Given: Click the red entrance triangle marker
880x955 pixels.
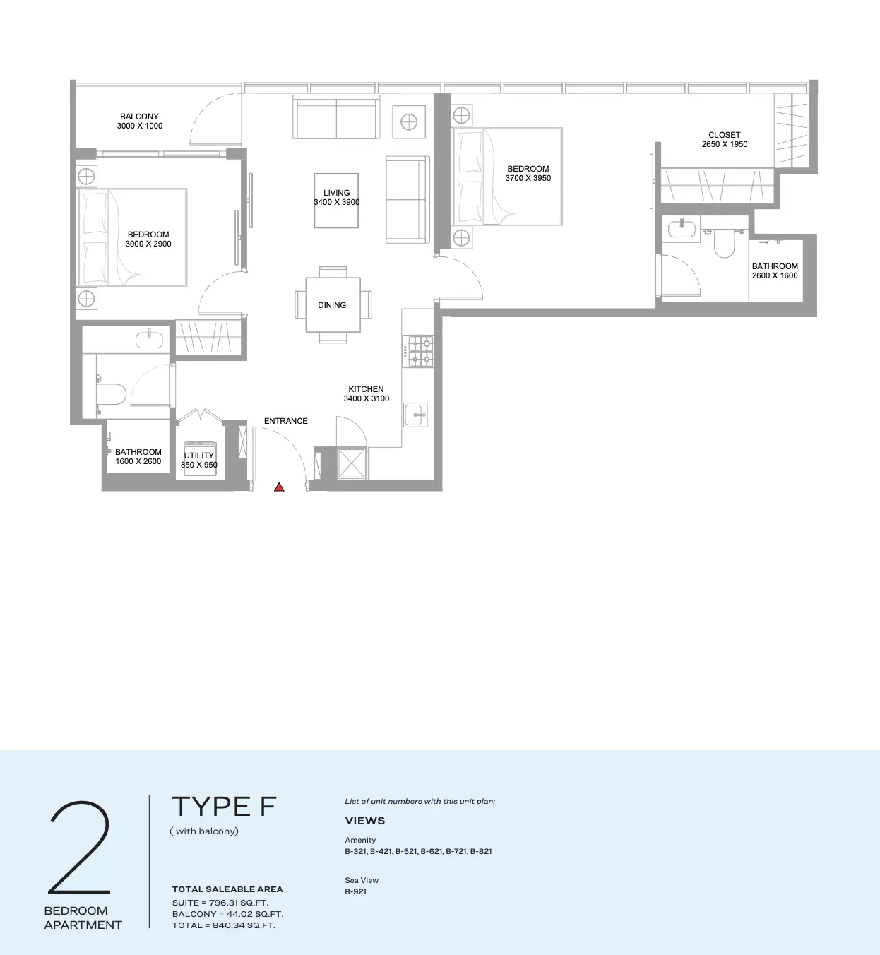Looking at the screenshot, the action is [279, 487].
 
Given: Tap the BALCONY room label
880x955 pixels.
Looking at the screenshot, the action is [140, 116].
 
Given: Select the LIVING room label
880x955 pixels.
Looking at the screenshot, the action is [337, 193].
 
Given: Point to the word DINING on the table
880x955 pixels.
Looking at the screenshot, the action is [332, 305].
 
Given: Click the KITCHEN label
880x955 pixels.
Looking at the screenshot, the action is [366, 389].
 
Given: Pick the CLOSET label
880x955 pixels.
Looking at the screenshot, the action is [725, 135].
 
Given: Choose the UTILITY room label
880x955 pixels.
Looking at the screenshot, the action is [199, 456].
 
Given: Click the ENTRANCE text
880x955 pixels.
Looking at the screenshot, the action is [286, 421].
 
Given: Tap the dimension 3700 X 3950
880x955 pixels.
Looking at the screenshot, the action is [528, 178].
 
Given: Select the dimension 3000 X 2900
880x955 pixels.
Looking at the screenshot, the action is [148, 244].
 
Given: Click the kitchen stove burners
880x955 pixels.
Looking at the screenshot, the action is [420, 351].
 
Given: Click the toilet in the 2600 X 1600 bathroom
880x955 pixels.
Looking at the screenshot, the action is [725, 243].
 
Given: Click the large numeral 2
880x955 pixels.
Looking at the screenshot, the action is [80, 847].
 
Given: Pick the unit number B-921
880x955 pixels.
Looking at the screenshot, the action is [356, 891].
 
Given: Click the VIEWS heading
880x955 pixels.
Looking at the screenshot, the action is [365, 821].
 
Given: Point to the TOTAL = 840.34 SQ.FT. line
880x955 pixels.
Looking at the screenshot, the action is [224, 925].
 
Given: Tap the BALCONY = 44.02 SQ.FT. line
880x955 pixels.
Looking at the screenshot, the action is [227, 913].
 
